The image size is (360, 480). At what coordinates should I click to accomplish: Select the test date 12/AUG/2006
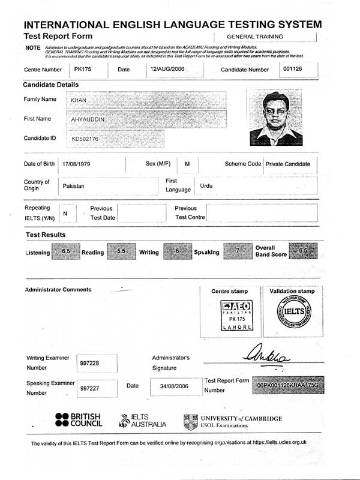[165, 70]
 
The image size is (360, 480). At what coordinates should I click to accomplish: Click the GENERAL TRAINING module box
[263, 37]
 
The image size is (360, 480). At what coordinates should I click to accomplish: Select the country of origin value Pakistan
[73, 186]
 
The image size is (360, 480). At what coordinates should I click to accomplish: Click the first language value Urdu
[206, 186]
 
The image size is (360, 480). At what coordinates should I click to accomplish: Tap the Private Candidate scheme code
[288, 164]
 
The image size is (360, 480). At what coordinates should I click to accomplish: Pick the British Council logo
[78, 420]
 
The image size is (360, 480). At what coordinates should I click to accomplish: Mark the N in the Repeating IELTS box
[65, 213]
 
